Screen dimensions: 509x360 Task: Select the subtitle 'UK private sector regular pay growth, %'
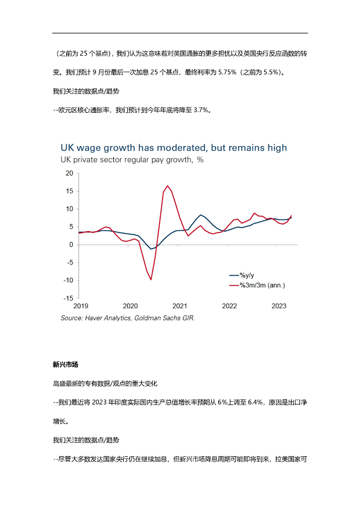click(132, 160)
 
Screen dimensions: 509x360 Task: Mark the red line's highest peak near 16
click(168, 186)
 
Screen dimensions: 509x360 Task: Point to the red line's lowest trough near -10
click(151, 279)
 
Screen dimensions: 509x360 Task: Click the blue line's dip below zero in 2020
click(151, 249)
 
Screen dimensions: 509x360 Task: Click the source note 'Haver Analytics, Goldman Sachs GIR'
click(128, 318)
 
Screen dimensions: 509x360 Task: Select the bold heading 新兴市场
click(66, 364)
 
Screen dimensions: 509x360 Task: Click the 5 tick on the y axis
click(71, 227)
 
